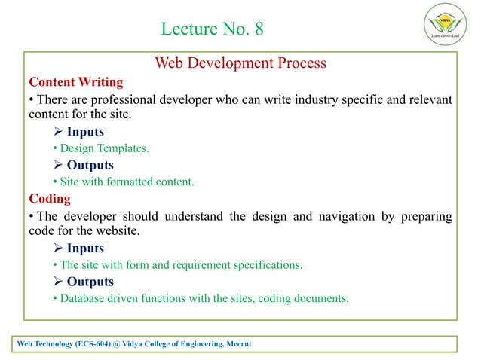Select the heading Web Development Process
pos(240,63)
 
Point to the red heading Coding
pos(50,199)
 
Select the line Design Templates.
pos(104,149)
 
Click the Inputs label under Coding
pos(85,249)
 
